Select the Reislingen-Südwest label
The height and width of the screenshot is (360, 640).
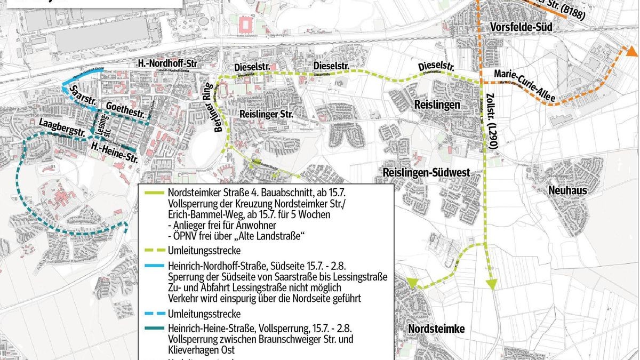pyautogui.click(x=426, y=172)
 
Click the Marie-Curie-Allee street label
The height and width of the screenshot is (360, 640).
pyautogui.click(x=525, y=85)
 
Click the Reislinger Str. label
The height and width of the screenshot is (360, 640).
pyautogui.click(x=267, y=114)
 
